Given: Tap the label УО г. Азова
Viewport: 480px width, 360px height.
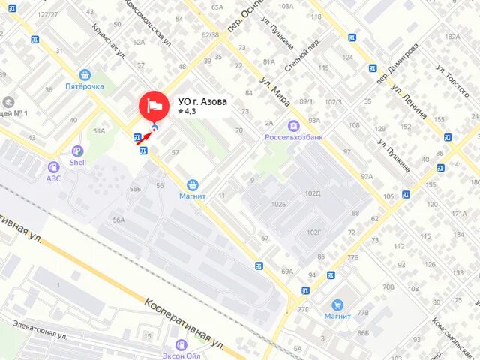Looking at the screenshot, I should point(203,102).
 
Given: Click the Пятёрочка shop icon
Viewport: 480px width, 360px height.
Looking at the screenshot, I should point(84,74).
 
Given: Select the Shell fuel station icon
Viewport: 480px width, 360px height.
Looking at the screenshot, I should point(77,151).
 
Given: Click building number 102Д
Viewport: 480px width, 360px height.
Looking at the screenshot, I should point(312,194).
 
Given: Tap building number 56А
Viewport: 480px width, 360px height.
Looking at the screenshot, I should point(118,220).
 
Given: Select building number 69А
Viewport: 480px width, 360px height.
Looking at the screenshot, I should point(287,271).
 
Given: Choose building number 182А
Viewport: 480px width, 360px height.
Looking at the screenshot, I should point(452,36).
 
